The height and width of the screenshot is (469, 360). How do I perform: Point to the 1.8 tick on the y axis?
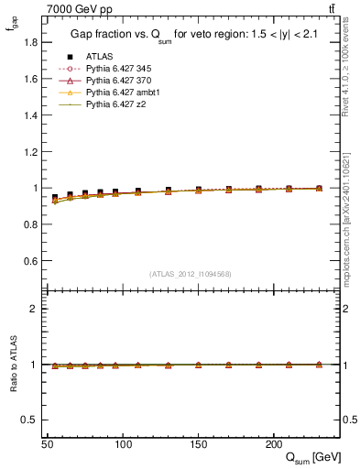coord(30,42)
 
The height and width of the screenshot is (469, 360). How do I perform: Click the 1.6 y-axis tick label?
coord(30,79)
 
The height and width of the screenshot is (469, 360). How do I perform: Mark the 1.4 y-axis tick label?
coord(30,115)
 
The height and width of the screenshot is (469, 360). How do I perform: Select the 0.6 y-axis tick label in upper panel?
coord(30,261)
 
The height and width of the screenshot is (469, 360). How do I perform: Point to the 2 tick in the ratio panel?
coord(34,309)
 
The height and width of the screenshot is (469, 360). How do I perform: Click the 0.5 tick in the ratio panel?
coord(30,420)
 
